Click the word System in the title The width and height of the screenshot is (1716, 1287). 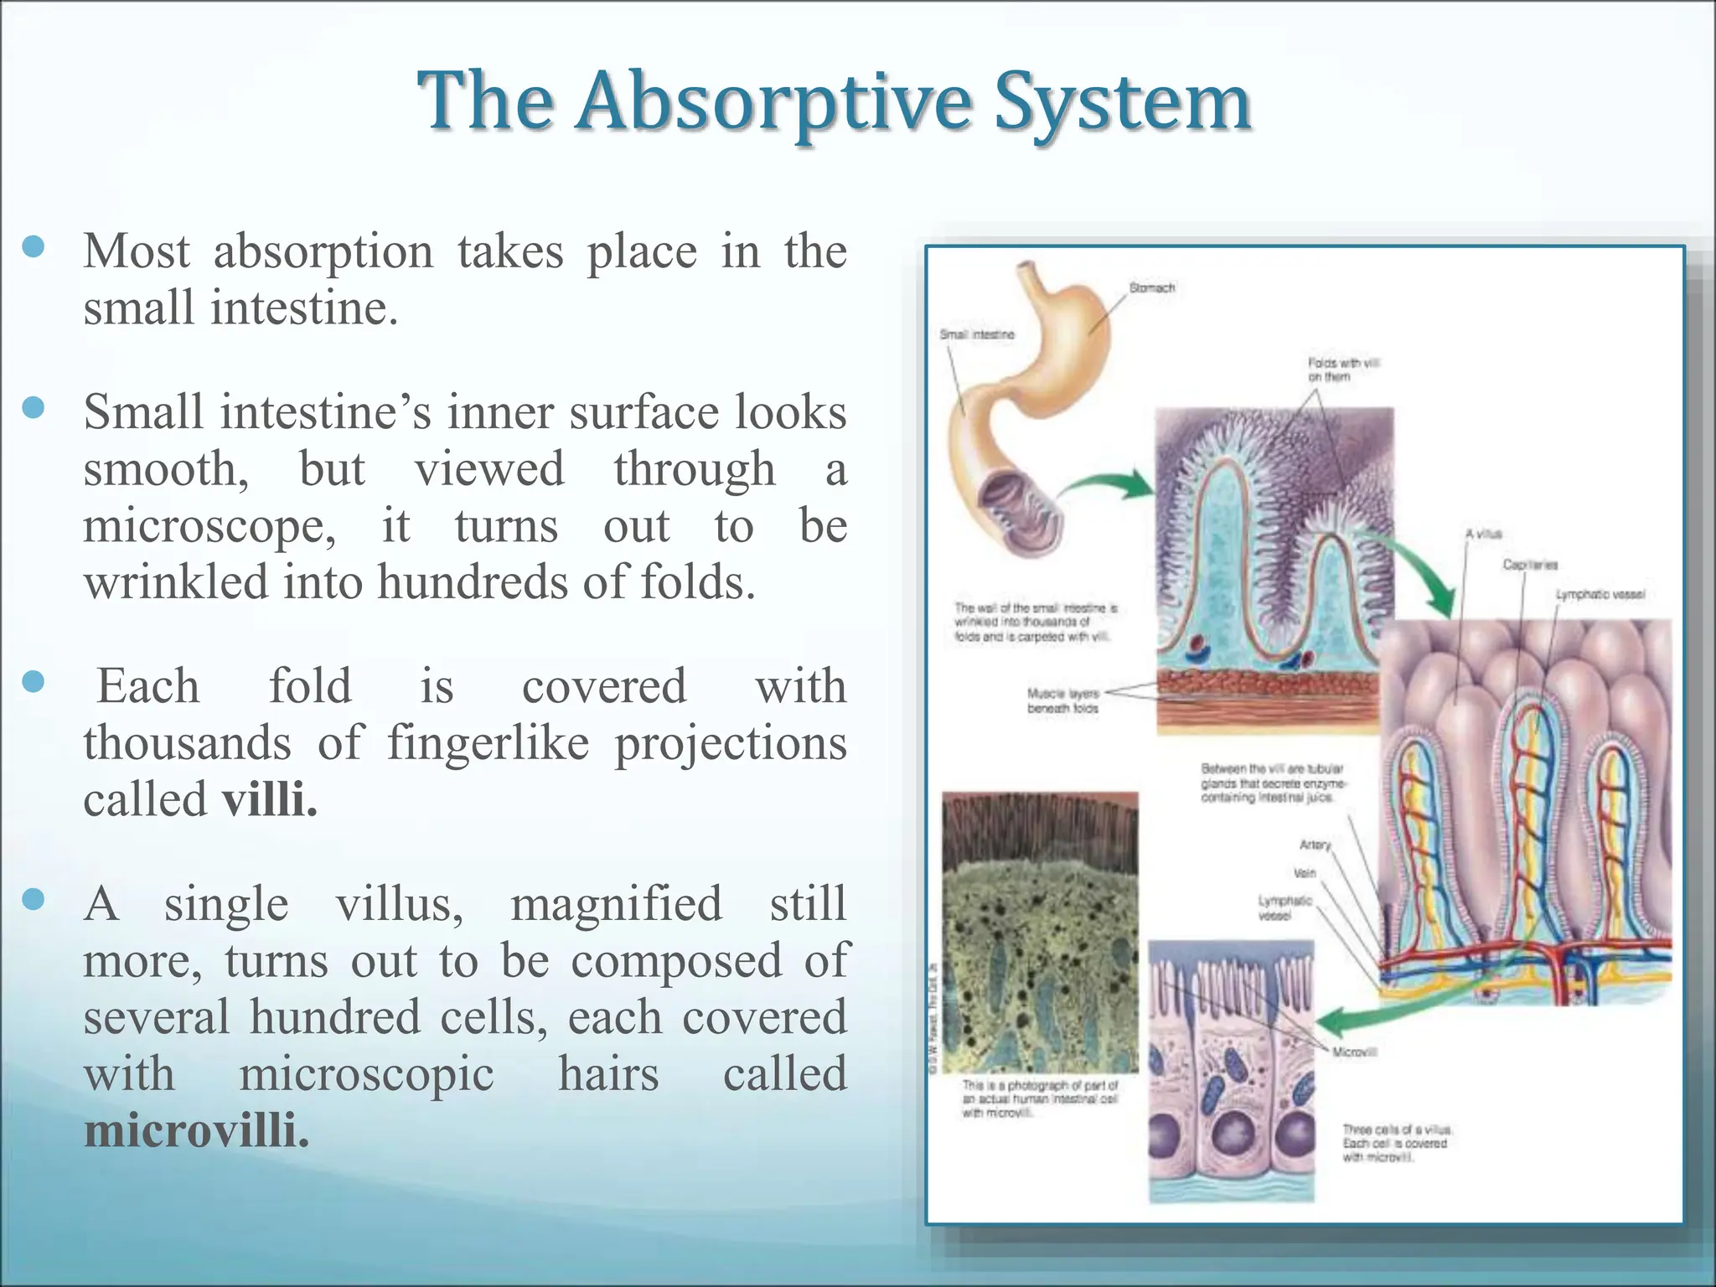click(x=1123, y=102)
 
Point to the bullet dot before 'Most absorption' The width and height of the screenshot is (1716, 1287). click(x=34, y=247)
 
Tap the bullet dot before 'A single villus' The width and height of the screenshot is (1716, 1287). click(x=34, y=900)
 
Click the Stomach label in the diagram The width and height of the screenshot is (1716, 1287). click(x=1151, y=287)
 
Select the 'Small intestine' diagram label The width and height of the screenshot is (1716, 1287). click(x=976, y=334)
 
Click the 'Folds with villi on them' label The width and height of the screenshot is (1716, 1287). click(x=1342, y=370)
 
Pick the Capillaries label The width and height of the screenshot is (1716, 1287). click(x=1529, y=565)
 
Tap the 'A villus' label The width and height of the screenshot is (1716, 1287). click(x=1483, y=534)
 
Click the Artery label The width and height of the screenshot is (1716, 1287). click(x=1315, y=845)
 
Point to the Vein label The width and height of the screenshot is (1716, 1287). click(x=1305, y=873)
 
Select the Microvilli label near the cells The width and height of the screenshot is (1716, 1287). click(x=1354, y=1052)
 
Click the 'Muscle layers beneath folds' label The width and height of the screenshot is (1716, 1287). click(x=1062, y=700)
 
